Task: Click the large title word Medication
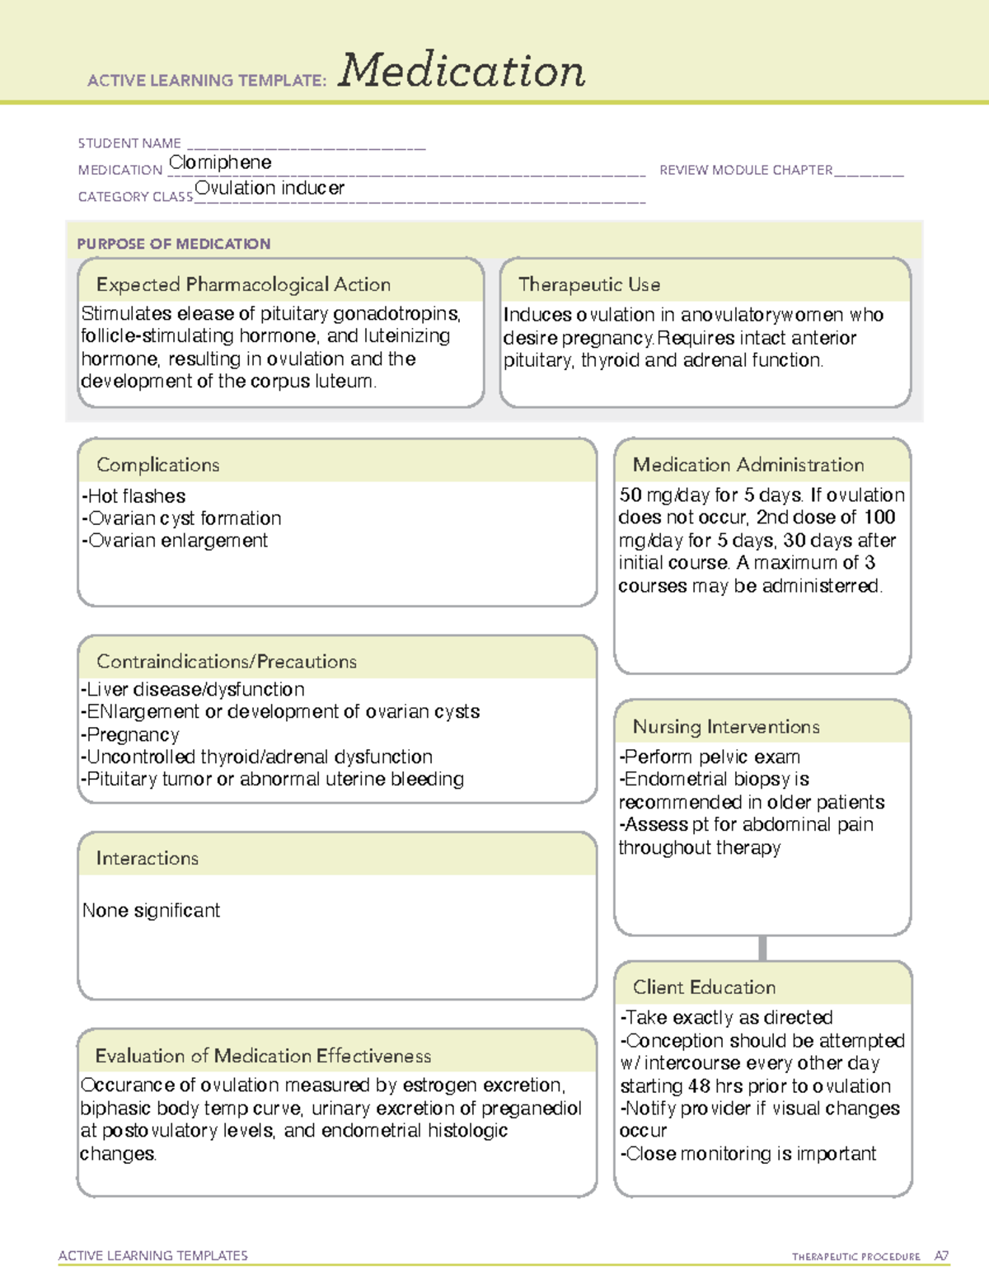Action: point(462,71)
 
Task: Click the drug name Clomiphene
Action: point(220,163)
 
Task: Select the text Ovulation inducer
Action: point(270,189)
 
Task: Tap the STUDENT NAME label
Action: point(129,143)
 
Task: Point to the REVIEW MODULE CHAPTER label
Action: point(746,171)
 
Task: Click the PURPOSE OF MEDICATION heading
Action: point(174,244)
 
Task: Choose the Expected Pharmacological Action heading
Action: point(243,285)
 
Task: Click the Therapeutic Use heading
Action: point(589,285)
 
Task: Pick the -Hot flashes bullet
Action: point(134,496)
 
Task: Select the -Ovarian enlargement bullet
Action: point(175,541)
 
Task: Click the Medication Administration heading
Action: point(748,466)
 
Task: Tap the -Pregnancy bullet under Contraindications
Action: point(130,734)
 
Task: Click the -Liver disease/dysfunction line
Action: point(193,689)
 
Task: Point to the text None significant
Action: point(152,911)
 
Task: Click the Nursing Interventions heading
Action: point(726,727)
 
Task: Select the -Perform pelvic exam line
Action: point(710,757)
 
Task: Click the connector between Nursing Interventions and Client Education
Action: point(762,948)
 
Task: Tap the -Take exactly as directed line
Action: point(726,1018)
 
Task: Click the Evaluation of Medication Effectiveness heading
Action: point(263,1057)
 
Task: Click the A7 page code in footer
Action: point(940,1256)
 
